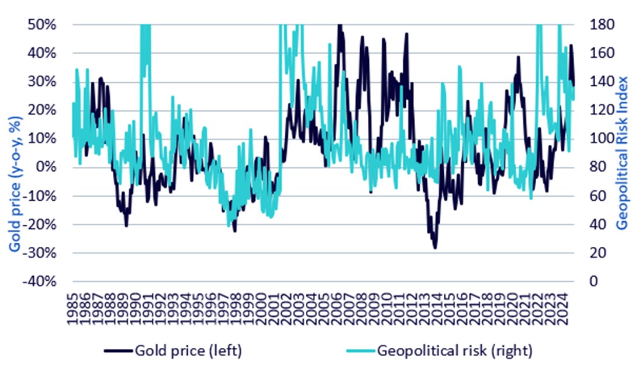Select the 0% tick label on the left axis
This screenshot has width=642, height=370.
pyautogui.click(x=47, y=167)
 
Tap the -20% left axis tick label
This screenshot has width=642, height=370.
pyautogui.click(x=42, y=224)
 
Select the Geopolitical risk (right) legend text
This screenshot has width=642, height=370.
pyautogui.click(x=455, y=351)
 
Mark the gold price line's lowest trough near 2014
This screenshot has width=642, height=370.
pyautogui.click(x=435, y=248)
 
